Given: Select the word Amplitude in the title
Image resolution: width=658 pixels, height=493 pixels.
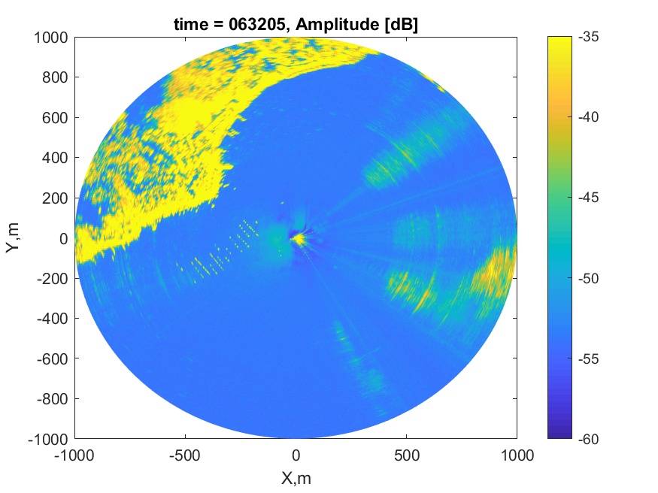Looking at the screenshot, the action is (x=337, y=25).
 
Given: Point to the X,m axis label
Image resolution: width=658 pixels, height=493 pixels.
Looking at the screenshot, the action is (x=296, y=478).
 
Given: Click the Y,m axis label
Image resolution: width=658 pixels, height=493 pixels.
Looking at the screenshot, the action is (x=13, y=237).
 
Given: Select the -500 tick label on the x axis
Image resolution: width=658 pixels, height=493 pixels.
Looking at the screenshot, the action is (x=185, y=455).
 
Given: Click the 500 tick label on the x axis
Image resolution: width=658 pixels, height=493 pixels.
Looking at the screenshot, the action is (x=406, y=455).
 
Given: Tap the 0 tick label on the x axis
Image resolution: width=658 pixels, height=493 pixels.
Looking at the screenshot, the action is (x=296, y=455).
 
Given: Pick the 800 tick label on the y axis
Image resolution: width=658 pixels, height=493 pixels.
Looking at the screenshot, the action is (x=55, y=77).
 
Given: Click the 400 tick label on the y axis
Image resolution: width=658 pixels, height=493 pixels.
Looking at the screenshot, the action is (x=55, y=158).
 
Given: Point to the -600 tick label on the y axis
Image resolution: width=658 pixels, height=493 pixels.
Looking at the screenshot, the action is (x=52, y=358).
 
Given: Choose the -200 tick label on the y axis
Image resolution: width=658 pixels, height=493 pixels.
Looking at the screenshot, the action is (x=52, y=278).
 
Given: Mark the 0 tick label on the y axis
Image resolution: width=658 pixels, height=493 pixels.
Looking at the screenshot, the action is (x=63, y=238).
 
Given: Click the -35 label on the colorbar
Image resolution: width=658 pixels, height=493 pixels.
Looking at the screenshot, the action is (x=588, y=37).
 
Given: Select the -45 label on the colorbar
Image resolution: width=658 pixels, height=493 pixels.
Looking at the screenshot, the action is (x=588, y=198).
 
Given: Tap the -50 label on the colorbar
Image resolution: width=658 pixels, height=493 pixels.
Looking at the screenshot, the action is (x=588, y=278).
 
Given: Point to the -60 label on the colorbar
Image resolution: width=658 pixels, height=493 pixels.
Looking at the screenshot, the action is (x=588, y=439).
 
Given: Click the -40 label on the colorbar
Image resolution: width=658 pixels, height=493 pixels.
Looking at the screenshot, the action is (x=588, y=117).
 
